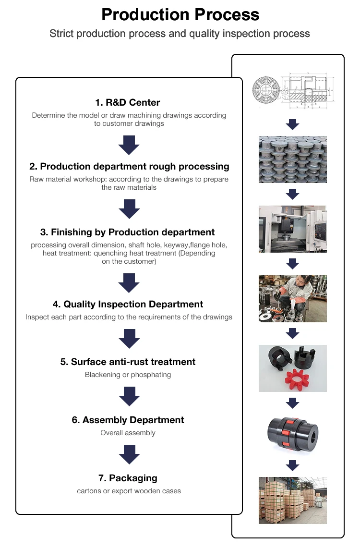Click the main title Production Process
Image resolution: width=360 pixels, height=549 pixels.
pyautogui.click(x=180, y=14)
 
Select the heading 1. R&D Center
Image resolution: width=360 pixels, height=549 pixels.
pyautogui.click(x=127, y=102)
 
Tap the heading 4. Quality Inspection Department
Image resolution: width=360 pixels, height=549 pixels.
pyautogui.click(x=128, y=304)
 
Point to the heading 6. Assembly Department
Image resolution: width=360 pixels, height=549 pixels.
pyautogui.click(x=128, y=420)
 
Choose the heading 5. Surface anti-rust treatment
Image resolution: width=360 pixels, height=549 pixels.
pyautogui.click(x=128, y=362)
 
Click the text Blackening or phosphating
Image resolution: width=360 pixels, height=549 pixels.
pyautogui.click(x=128, y=375)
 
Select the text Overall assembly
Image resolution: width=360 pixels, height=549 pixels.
pyautogui.click(x=128, y=433)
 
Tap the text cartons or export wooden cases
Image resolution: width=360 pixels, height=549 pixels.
pyautogui.click(x=129, y=491)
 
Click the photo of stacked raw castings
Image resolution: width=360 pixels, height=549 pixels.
pyautogui.click(x=292, y=159)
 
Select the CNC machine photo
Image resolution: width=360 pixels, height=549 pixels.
pyautogui.click(x=292, y=229)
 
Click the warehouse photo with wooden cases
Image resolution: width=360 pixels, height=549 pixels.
pyautogui.click(x=292, y=500)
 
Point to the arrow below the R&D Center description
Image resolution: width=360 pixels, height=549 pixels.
pyautogui.click(x=129, y=145)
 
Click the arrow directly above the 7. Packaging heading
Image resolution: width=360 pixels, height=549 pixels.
pyautogui.click(x=129, y=454)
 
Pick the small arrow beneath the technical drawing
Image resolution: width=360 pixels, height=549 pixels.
pyautogui.click(x=292, y=125)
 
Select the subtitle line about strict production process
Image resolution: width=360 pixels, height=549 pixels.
pyautogui.click(x=180, y=34)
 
